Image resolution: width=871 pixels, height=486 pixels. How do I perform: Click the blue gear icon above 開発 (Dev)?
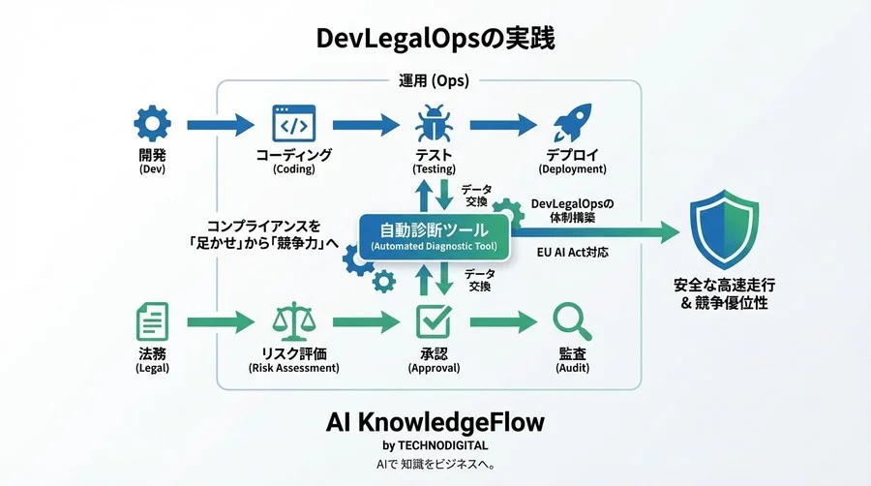click(x=152, y=123)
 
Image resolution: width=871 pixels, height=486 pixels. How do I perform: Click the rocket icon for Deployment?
click(x=572, y=124)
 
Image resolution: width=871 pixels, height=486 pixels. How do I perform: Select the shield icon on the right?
click(x=724, y=231)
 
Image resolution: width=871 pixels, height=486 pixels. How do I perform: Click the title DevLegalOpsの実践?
click(x=435, y=39)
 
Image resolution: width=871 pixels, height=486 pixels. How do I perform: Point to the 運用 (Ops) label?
click(x=434, y=81)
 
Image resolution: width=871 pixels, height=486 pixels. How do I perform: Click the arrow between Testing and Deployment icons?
click(x=501, y=124)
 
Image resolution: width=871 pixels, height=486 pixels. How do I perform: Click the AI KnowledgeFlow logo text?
click(x=435, y=422)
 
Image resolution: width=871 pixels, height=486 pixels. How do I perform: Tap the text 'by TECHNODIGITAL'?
click(x=435, y=446)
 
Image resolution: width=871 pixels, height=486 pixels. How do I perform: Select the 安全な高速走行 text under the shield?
click(x=724, y=286)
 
